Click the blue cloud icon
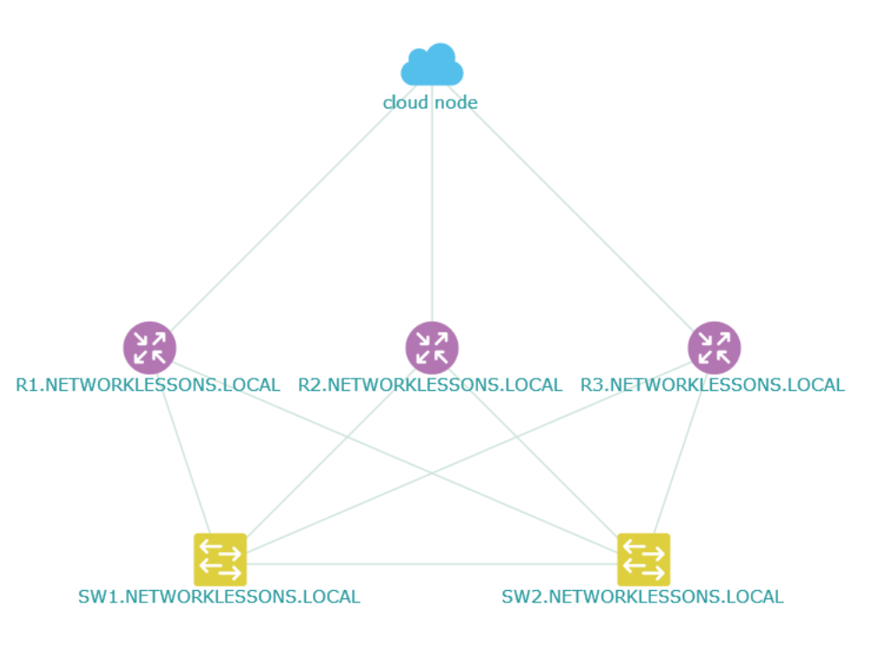click(x=432, y=64)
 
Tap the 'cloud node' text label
click(x=431, y=103)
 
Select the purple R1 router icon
click(x=149, y=348)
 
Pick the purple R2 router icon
click(x=432, y=348)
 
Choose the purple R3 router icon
click(x=715, y=348)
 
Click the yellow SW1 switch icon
click(x=221, y=559)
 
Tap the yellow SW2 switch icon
click(x=644, y=559)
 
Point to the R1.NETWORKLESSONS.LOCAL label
click(x=147, y=385)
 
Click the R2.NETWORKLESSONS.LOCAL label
click(x=431, y=385)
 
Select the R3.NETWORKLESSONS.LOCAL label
click(x=713, y=385)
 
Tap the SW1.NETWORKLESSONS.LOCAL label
click(x=220, y=597)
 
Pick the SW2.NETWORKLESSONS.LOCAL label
click(x=643, y=597)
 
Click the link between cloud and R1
click(x=291, y=208)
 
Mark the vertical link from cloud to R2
click(x=432, y=204)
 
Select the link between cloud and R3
click(x=572, y=208)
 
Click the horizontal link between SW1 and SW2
click(x=432, y=564)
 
